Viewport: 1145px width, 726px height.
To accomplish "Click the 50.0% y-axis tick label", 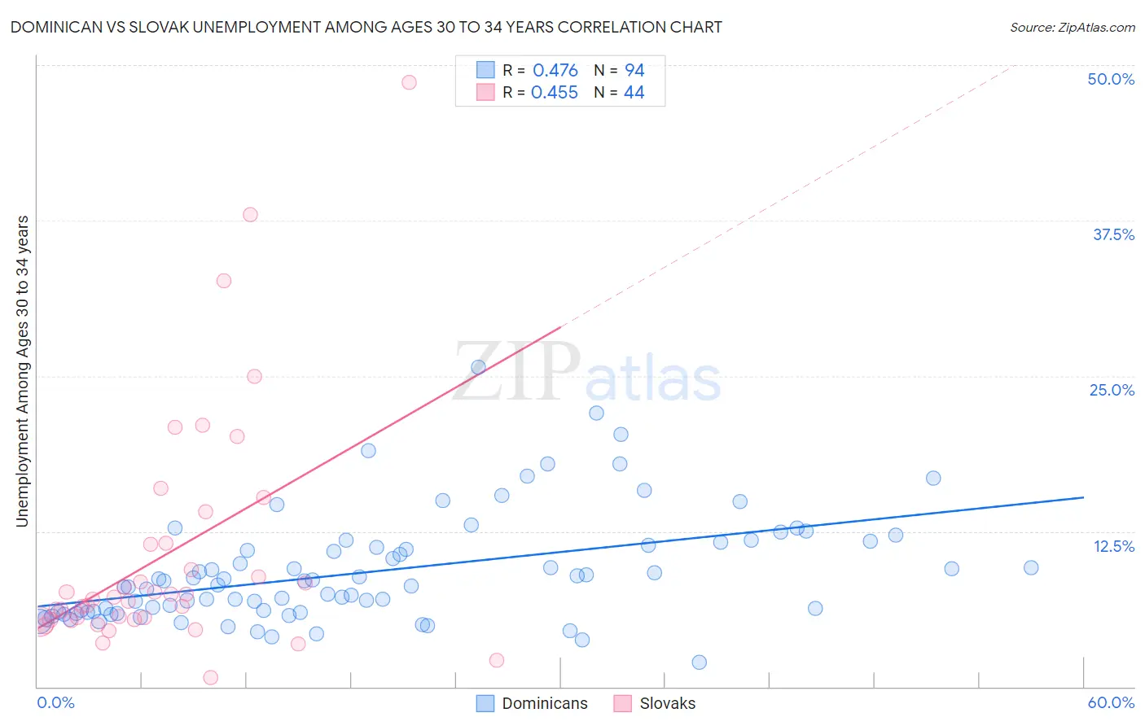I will click(x=1111, y=79).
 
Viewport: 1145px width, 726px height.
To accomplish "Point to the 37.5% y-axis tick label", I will click(x=1113, y=234).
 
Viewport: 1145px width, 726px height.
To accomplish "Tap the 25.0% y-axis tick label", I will click(x=1112, y=390).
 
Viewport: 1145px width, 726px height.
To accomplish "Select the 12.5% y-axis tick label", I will click(x=1113, y=546).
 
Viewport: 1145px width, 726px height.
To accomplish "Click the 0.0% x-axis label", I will click(x=55, y=702).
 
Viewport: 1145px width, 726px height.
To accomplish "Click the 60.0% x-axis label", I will click(x=1111, y=702).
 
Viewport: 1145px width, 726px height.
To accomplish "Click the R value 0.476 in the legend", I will click(x=555, y=70).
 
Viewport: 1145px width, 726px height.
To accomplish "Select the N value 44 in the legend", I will click(x=634, y=93).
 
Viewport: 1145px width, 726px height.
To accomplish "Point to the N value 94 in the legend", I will click(x=634, y=70).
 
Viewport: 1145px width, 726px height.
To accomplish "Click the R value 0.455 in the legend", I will click(x=554, y=93).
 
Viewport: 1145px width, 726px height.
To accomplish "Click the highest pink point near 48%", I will click(x=409, y=82).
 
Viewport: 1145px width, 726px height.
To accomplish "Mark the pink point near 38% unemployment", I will click(x=250, y=215).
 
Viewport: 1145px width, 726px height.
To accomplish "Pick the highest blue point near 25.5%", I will click(x=478, y=367).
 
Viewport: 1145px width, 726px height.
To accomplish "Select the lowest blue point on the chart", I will click(x=699, y=663).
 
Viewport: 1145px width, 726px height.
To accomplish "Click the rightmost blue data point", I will click(x=1031, y=567).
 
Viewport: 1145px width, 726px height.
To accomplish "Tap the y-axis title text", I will click(x=23, y=371).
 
